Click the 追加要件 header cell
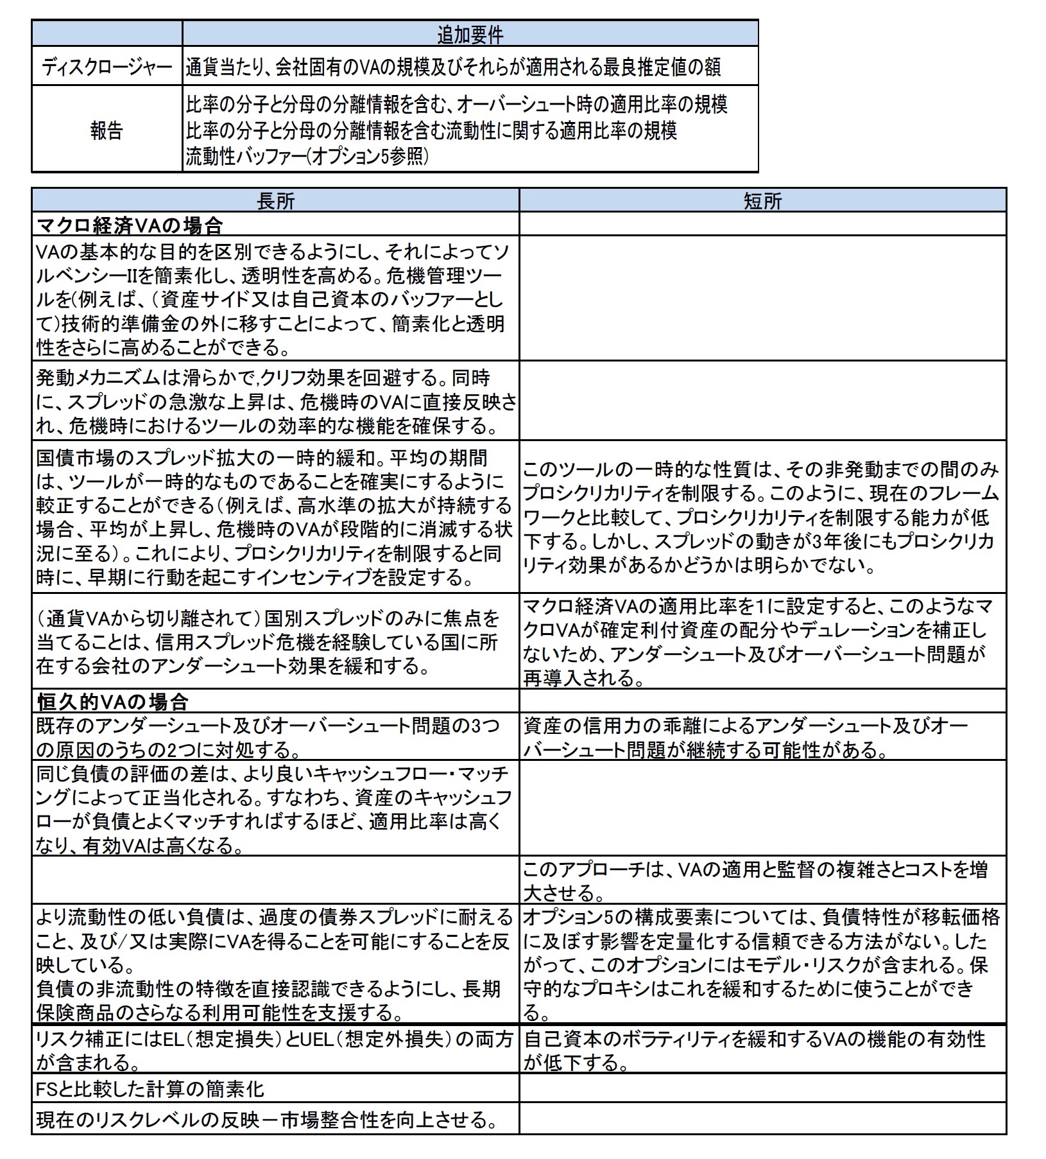[470, 33]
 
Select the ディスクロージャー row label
[107, 67]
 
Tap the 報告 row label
[107, 131]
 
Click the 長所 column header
[275, 201]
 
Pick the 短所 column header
[762, 201]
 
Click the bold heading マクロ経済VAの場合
[130, 225]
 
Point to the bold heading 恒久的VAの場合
[113, 701]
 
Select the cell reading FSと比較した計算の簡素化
[150, 1088]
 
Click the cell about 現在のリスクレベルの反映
[267, 1120]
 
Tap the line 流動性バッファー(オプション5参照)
[307, 157]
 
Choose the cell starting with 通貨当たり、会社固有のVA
[453, 67]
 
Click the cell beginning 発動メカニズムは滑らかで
[275, 401]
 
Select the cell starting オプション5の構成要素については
[761, 965]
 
